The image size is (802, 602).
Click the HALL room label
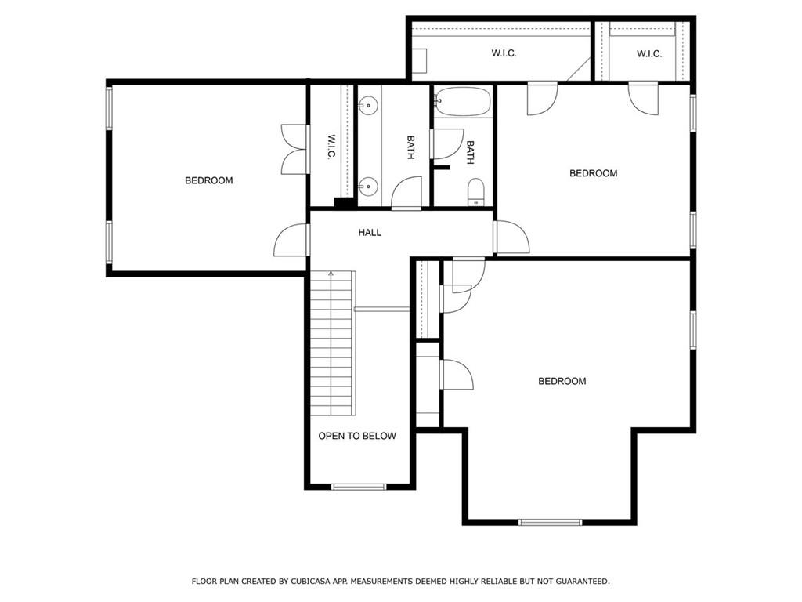pyautogui.click(x=370, y=232)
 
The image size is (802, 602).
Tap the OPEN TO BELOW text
pyautogui.click(x=357, y=436)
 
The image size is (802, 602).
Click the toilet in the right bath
pyautogui.click(x=475, y=192)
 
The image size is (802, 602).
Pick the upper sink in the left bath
pyautogui.click(x=368, y=103)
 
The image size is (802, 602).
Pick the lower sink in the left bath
pyautogui.click(x=368, y=187)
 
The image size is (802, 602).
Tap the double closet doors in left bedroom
pyautogui.click(x=294, y=149)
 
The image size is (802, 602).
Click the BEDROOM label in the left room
pyautogui.click(x=208, y=180)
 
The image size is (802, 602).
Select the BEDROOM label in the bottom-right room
pyautogui.click(x=562, y=381)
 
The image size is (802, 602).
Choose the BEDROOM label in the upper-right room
pyautogui.click(x=593, y=173)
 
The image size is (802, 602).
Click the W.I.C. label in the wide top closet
pyautogui.click(x=504, y=53)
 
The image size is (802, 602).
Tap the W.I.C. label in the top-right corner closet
pyautogui.click(x=648, y=53)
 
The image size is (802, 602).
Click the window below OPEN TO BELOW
pyautogui.click(x=359, y=487)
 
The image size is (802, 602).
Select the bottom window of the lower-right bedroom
pyautogui.click(x=550, y=522)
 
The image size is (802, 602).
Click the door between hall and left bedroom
pyautogui.click(x=291, y=240)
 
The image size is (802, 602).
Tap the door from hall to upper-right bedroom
pyautogui.click(x=511, y=238)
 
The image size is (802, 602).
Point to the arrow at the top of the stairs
pyautogui.click(x=331, y=274)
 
